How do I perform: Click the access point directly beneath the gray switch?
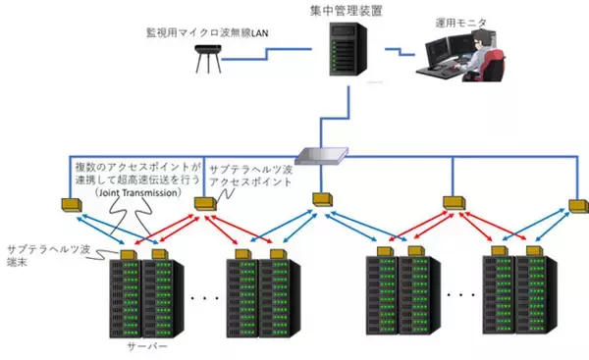325,200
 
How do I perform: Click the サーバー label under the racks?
144,347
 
